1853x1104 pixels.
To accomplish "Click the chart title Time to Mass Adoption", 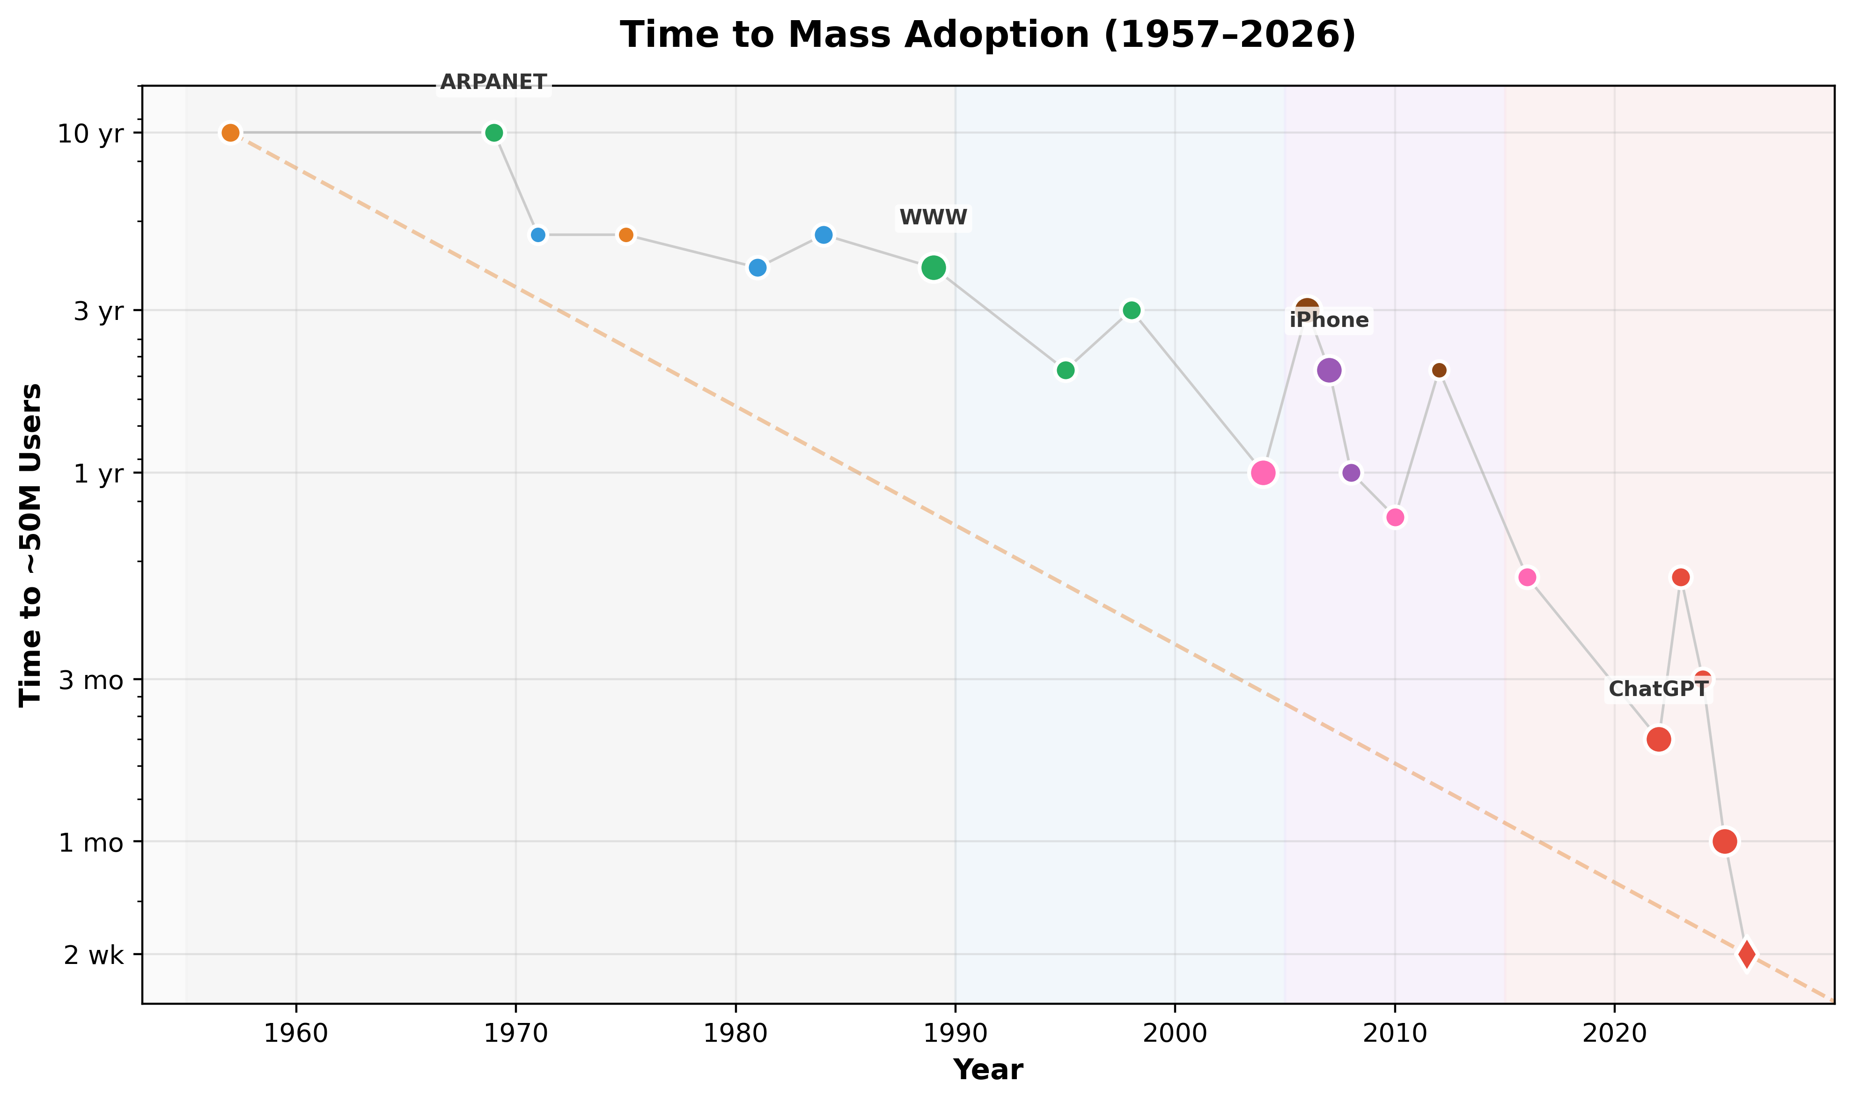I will coord(987,35).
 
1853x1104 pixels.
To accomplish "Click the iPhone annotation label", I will coord(1329,320).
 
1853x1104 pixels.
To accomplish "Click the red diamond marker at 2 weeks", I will coord(1747,954).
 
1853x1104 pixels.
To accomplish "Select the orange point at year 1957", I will coord(230,133).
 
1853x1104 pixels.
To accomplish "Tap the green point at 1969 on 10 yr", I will coord(494,133).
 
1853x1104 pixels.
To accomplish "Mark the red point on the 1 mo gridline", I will coord(1724,841).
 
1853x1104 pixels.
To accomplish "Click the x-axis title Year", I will coord(987,1070).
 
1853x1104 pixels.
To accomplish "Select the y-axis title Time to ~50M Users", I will coord(31,545).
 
